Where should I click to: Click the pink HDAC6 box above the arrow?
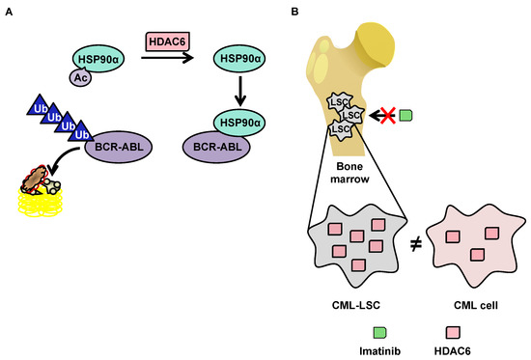(x=167, y=42)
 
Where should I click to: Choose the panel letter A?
(x=7, y=9)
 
